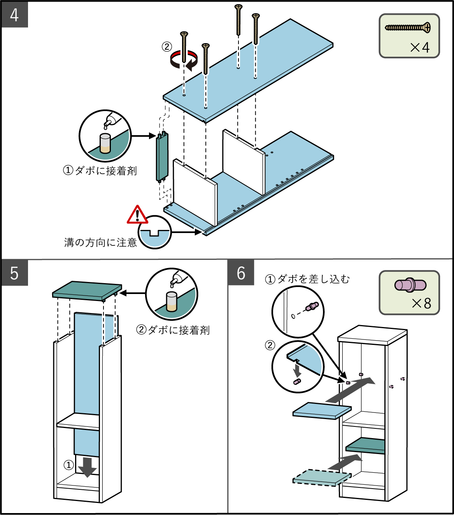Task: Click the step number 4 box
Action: click(14, 15)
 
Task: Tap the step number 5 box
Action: click(14, 273)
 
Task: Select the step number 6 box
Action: click(241, 273)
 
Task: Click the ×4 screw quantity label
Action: click(420, 47)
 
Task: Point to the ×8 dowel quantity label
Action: click(421, 303)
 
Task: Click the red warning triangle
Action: click(137, 215)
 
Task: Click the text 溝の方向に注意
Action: click(100, 243)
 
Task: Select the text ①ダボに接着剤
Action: click(100, 171)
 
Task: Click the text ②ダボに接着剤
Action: click(173, 330)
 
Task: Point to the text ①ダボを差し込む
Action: click(307, 279)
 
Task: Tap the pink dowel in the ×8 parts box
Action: click(410, 285)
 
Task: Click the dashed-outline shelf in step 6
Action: click(322, 477)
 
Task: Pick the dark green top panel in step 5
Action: click(87, 290)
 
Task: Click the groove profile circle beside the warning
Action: click(155, 232)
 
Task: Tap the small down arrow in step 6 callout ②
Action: click(297, 369)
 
